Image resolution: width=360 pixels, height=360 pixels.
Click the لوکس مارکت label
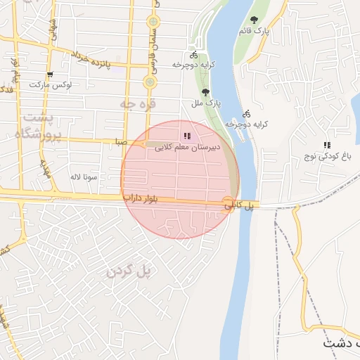pyautogui.click(x=51, y=84)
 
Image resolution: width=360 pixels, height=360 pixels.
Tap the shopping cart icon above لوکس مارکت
pyautogui.click(x=50, y=74)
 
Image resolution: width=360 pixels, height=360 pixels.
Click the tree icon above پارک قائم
pyautogui.click(x=254, y=20)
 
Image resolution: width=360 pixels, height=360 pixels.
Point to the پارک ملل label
pyautogui.click(x=207, y=103)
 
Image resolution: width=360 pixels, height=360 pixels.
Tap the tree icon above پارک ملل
pyautogui.click(x=205, y=92)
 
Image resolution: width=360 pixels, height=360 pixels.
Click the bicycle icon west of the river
pyautogui.click(x=193, y=54)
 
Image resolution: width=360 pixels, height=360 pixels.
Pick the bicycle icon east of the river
pyautogui.click(x=246, y=113)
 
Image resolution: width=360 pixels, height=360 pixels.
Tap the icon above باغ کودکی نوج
pyautogui.click(x=326, y=145)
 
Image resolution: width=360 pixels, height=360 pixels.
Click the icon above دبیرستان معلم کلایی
pyautogui.click(x=186, y=136)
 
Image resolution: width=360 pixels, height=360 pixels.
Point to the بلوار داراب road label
pyautogui.click(x=150, y=200)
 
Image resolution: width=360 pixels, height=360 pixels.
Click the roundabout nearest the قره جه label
pyautogui.click(x=149, y=83)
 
